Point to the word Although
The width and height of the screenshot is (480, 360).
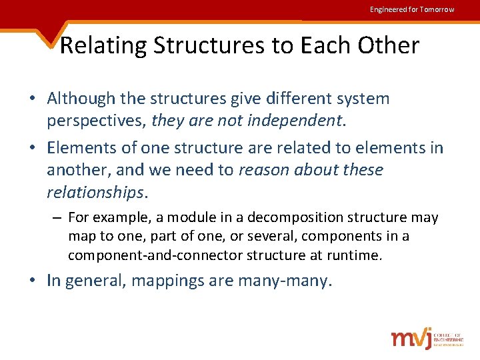coord(79,99)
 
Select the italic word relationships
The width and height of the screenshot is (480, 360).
coord(95,193)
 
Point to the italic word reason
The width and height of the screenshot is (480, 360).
coord(263,170)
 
